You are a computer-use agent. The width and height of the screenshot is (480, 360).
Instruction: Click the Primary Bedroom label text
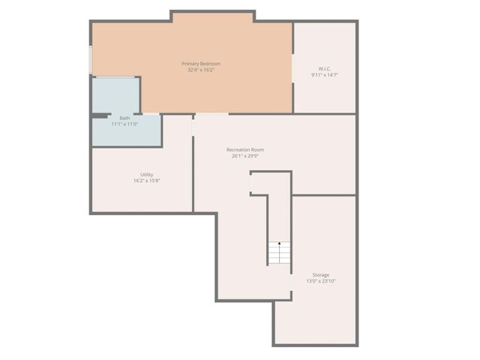tap(201, 64)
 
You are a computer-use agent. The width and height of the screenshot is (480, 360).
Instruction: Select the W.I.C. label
tap(324, 69)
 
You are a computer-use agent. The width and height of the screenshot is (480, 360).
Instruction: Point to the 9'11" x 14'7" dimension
tap(324, 75)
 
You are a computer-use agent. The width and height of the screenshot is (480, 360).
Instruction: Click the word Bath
tap(124, 118)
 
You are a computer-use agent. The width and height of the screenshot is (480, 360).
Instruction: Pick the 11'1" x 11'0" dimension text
tap(124, 124)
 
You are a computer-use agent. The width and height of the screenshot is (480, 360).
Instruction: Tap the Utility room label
tap(146, 174)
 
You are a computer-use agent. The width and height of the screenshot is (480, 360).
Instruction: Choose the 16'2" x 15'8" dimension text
tap(146, 180)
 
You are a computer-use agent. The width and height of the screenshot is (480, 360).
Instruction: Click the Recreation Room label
tap(245, 149)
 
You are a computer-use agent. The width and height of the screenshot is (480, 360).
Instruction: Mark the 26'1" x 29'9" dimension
tap(245, 156)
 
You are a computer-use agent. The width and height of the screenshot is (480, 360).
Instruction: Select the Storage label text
tap(320, 274)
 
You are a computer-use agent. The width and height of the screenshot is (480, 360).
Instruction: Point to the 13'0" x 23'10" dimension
tap(320, 280)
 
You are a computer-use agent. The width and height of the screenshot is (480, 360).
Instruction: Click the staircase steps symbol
tap(279, 255)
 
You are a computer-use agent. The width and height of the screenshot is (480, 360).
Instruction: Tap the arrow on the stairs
tap(279, 244)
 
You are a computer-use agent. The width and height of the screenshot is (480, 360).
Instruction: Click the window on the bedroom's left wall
tap(91, 60)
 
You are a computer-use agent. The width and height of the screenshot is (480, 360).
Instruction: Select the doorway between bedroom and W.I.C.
tap(292, 67)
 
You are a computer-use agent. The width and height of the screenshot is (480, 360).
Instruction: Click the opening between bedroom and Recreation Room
tap(211, 114)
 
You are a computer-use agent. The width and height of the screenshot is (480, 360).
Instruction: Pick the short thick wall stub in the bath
tap(100, 115)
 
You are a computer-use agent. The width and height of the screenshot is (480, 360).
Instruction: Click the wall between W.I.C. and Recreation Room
tap(324, 114)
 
